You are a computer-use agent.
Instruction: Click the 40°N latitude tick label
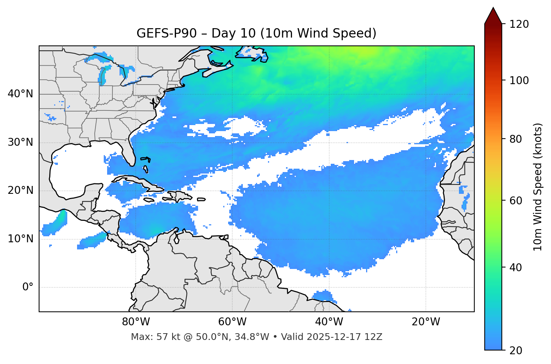[x=20, y=94]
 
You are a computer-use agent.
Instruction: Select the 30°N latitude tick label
[x=20, y=142]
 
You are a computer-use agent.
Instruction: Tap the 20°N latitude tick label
[x=20, y=190]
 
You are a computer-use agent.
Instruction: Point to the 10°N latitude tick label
[x=20, y=239]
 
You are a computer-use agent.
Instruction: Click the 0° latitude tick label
[x=27, y=287]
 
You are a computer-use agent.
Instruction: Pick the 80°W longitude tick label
[x=136, y=322]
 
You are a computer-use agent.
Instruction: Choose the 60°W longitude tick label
[x=232, y=322]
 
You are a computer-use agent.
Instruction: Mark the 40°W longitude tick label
[x=329, y=322]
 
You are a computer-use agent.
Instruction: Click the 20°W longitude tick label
[x=426, y=322]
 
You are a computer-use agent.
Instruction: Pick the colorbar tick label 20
[x=516, y=350]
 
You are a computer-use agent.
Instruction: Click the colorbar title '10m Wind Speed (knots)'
[x=538, y=187]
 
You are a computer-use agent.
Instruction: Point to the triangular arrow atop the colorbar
[x=493, y=16]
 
